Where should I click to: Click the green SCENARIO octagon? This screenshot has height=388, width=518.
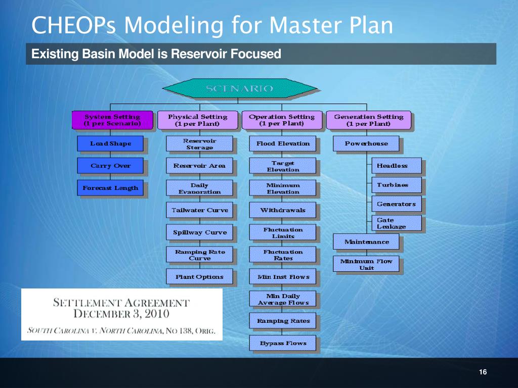pos(239,89)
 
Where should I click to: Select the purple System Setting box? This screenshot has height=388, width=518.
pos(112,120)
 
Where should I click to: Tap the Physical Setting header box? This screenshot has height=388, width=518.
pos(197,120)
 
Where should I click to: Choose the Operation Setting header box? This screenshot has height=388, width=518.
pos(282,120)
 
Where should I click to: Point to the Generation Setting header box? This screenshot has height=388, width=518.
pos(368,120)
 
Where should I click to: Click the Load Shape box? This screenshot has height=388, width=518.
pos(110,143)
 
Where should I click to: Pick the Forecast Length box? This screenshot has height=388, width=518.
pos(110,188)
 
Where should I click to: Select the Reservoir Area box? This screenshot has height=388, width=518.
pos(199,166)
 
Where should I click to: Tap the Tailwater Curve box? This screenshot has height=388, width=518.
pos(199,210)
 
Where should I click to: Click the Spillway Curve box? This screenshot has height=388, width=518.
pos(199,232)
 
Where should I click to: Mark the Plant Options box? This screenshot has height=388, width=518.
pos(199,277)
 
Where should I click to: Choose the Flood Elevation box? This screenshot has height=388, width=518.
pos(283,143)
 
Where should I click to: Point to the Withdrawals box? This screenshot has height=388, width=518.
pos(283,210)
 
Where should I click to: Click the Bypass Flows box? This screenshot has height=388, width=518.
pos(283,344)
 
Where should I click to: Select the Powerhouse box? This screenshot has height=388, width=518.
pos(366,143)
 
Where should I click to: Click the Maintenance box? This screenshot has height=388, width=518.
pos(367,242)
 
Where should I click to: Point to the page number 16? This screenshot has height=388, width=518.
pos(482,372)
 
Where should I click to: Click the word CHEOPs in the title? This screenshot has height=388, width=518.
pos(68,25)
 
